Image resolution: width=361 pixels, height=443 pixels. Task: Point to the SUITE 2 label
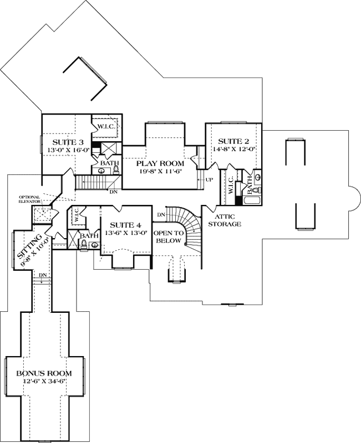233,141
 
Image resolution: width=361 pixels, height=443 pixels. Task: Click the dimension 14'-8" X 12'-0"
233,150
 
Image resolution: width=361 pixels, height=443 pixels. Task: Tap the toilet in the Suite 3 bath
115,170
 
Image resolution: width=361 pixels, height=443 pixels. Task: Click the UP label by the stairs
209,180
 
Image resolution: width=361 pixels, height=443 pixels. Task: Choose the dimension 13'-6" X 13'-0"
125,233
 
